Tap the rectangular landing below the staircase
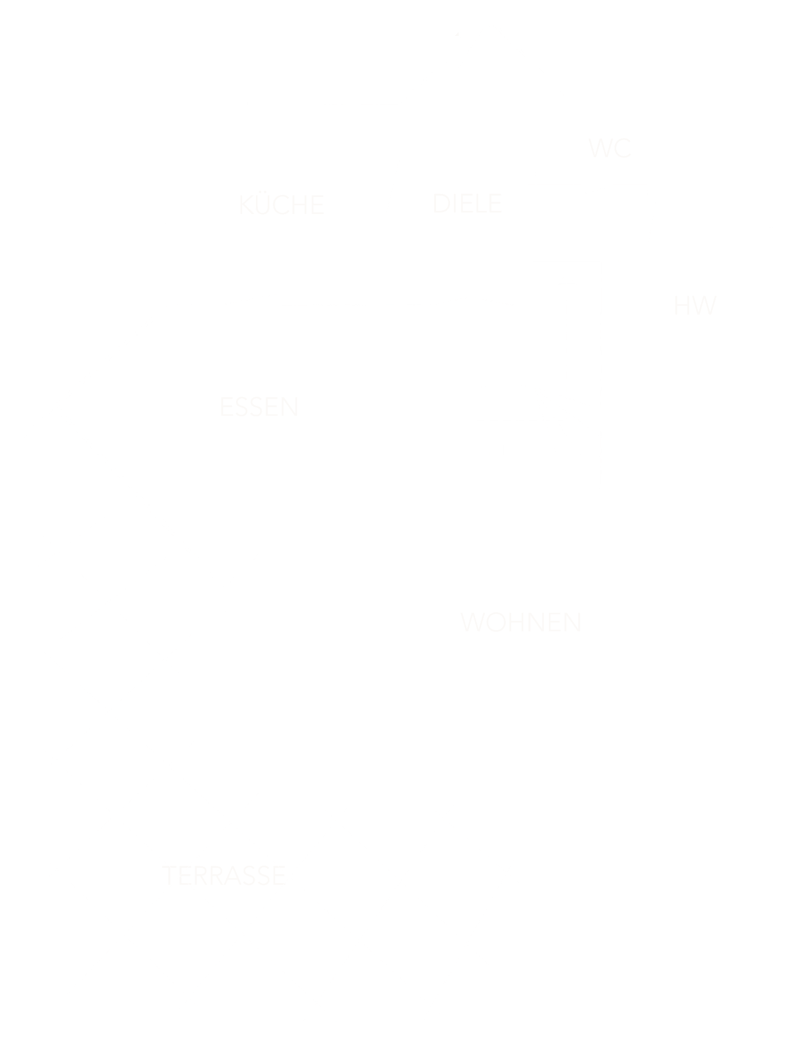(x=548, y=472)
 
